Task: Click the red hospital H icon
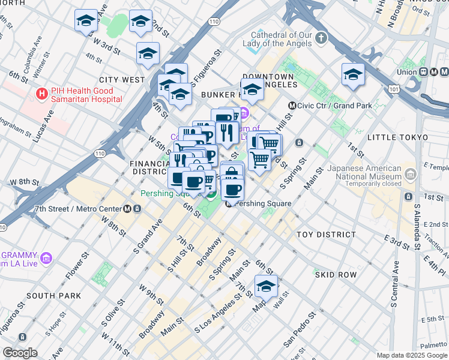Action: point(41,94)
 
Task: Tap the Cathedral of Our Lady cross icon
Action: point(321,39)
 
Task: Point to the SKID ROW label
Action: point(336,275)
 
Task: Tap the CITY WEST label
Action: point(122,80)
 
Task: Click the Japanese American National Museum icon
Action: point(411,174)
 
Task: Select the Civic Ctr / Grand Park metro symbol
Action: point(292,106)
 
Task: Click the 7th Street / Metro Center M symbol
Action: point(128,209)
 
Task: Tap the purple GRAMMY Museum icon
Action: point(47,258)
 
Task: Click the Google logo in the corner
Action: point(20,353)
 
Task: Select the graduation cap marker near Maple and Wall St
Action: point(266,286)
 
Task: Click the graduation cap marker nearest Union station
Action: point(354,75)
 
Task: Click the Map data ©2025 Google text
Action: point(411,355)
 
